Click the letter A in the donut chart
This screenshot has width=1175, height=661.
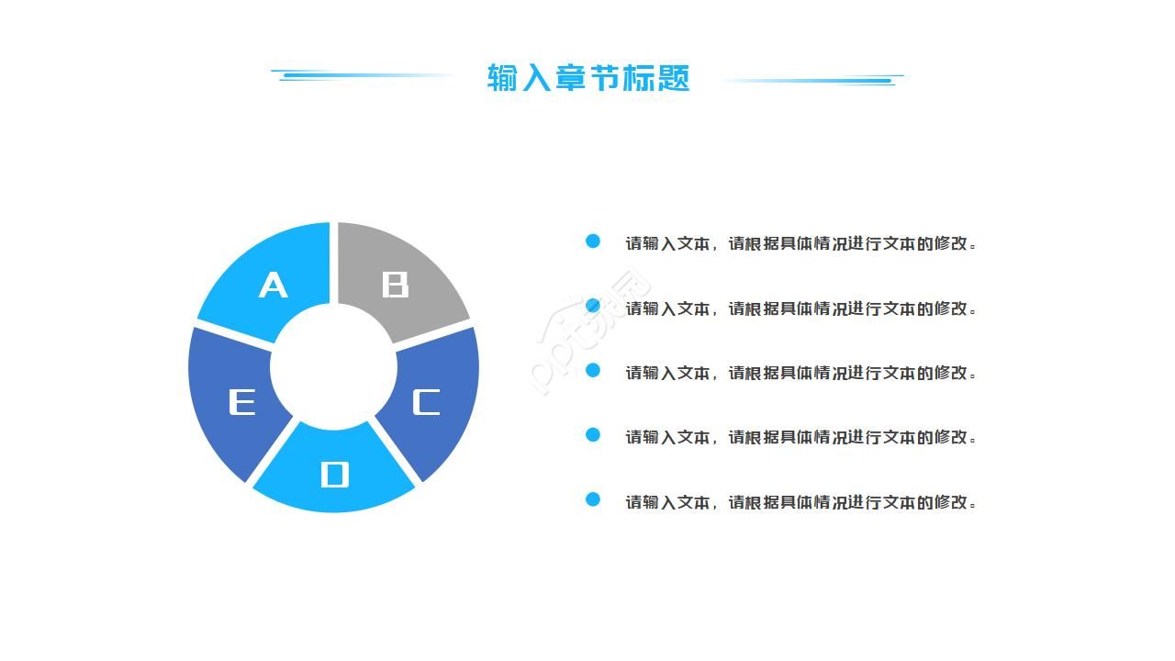(x=274, y=285)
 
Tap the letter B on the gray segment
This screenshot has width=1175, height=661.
(x=395, y=285)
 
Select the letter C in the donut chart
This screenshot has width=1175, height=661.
(x=426, y=402)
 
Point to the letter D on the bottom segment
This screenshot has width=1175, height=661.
(x=335, y=475)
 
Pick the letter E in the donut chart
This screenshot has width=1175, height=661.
(x=241, y=402)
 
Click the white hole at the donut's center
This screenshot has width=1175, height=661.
(x=333, y=367)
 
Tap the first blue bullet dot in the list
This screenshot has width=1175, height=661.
(x=593, y=241)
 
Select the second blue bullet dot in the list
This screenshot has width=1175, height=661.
(x=593, y=306)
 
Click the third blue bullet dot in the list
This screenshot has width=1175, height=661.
(x=593, y=370)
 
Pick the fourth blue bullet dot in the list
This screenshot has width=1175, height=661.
(x=593, y=435)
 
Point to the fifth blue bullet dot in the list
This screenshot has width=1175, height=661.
(x=593, y=499)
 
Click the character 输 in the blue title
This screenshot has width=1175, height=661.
(x=502, y=78)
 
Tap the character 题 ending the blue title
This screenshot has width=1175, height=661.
(x=674, y=78)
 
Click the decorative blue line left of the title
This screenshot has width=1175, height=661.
(x=362, y=75)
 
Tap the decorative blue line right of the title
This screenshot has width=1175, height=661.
(x=812, y=80)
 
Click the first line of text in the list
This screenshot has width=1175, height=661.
(x=800, y=243)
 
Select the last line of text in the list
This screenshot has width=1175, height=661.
(x=800, y=502)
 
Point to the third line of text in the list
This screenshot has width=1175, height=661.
(x=800, y=373)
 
